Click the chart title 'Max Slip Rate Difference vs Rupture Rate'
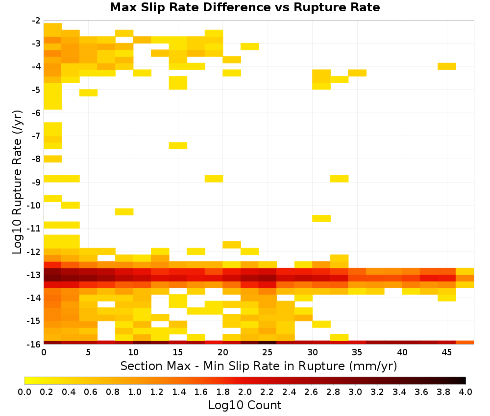(x=245, y=7)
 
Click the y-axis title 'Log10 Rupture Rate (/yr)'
(x=17, y=182)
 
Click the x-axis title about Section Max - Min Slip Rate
(x=258, y=366)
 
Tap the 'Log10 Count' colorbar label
(x=245, y=405)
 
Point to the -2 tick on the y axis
(x=36, y=21)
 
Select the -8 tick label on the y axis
(x=36, y=159)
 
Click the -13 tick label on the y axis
(x=34, y=275)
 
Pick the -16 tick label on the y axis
(x=34, y=344)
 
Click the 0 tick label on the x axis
(x=44, y=352)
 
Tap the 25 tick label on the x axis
(x=268, y=352)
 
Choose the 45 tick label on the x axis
(x=446, y=352)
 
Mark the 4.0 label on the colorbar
(x=465, y=392)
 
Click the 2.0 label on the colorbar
(x=245, y=392)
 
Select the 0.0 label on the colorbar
(x=24, y=392)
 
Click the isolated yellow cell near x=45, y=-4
(x=447, y=66)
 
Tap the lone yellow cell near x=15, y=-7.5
(x=178, y=145)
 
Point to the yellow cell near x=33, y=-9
(x=340, y=179)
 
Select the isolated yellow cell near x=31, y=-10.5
(x=321, y=218)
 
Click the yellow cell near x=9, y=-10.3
(x=124, y=211)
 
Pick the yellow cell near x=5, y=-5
(x=88, y=92)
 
